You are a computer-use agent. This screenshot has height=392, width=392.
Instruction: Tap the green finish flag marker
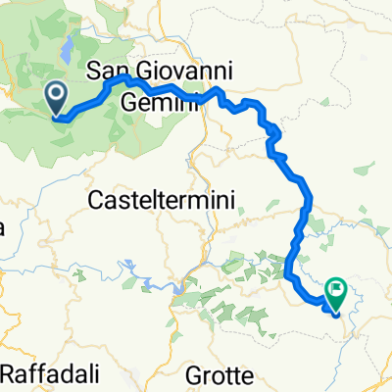338,290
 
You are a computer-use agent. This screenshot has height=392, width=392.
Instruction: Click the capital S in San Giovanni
95,72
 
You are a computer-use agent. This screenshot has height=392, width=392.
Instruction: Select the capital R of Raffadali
10,373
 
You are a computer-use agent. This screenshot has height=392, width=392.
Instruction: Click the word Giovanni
187,71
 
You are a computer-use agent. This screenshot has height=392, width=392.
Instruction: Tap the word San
111,71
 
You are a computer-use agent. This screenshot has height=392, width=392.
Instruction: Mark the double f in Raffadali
36,373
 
